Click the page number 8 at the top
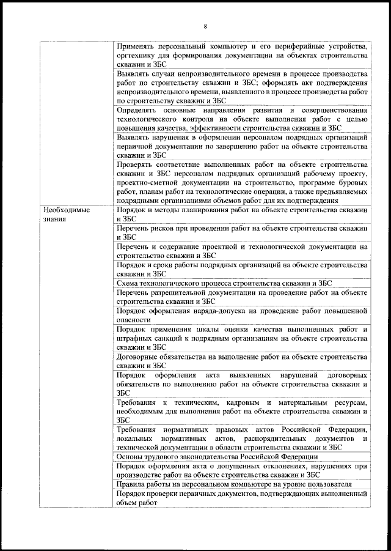pos(205,26)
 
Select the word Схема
pos(128,283)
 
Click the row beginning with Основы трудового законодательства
pos(217,457)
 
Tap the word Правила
pos(131,484)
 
